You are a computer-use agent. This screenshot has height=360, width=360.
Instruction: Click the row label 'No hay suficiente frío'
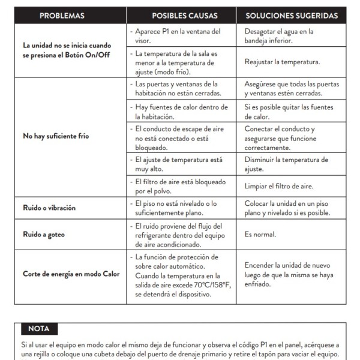click(x=55, y=136)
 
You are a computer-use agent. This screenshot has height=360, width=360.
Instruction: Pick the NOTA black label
click(x=39, y=329)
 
